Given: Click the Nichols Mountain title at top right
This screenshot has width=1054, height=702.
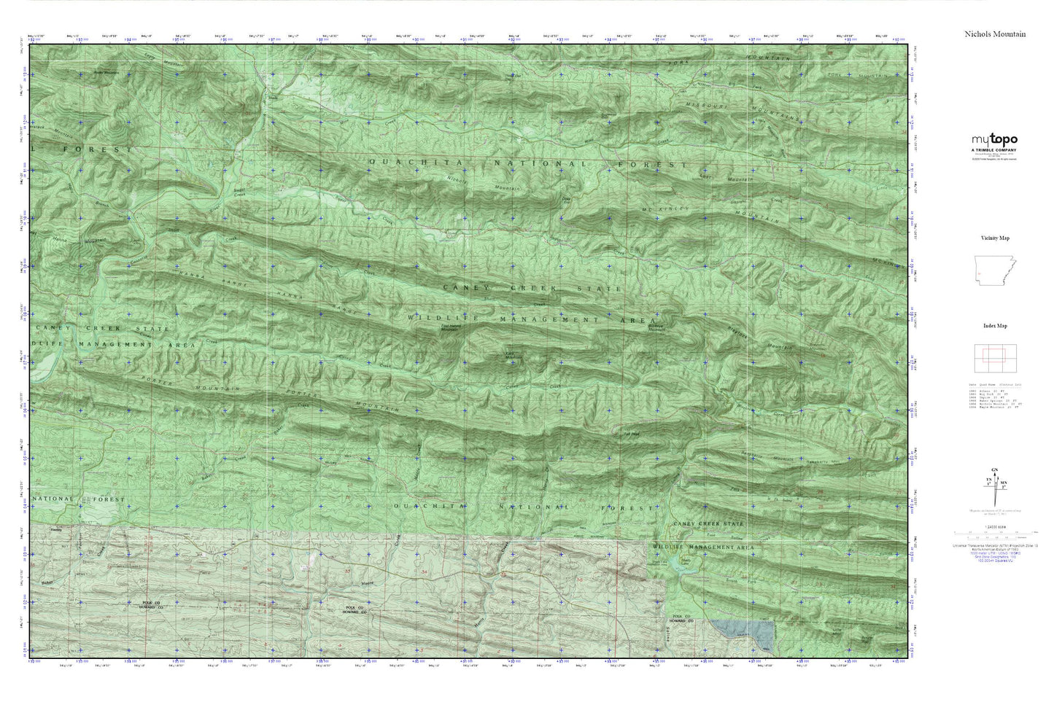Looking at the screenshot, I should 994,34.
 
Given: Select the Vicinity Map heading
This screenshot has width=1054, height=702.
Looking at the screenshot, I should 994,238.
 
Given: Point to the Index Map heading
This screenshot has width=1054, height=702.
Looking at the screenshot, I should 994,327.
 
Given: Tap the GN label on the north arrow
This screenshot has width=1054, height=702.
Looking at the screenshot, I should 994,469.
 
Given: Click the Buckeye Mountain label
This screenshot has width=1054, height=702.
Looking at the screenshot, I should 656,329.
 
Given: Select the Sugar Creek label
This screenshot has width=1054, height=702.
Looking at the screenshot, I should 239,192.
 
